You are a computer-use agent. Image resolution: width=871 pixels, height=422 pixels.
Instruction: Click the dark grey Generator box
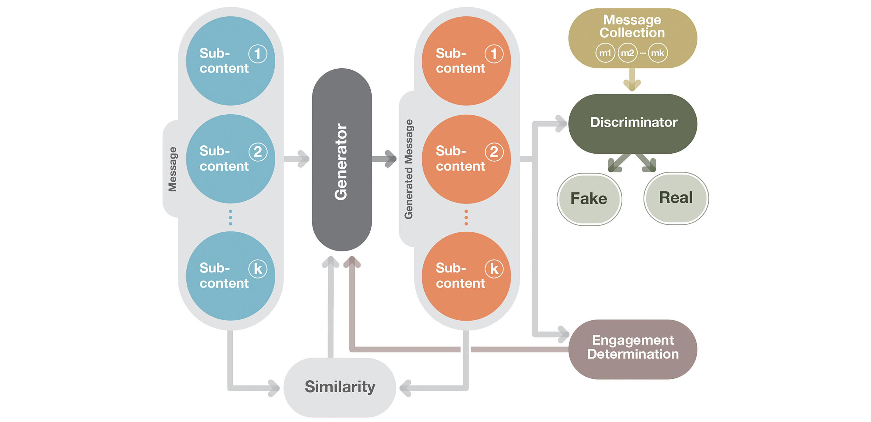tap(342, 160)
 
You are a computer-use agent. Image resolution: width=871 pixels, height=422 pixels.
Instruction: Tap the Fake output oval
tap(589, 199)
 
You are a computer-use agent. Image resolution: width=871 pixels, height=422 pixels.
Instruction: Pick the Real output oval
tap(676, 198)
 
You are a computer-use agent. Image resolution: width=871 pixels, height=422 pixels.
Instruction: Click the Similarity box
tap(340, 387)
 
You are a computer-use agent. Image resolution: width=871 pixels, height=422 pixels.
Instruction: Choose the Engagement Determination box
tap(633, 349)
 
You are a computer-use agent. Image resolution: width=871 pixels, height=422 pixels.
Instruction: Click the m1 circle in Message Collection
tap(605, 53)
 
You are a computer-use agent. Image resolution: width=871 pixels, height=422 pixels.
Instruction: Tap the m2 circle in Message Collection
tap(627, 53)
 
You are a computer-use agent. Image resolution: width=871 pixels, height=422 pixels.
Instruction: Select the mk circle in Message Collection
tap(658, 53)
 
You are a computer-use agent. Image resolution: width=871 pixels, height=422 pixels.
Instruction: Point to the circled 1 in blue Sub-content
tap(258, 54)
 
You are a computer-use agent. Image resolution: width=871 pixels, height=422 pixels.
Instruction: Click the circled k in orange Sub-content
tap(494, 269)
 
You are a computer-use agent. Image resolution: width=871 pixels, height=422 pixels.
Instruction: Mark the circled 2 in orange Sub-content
tap(494, 152)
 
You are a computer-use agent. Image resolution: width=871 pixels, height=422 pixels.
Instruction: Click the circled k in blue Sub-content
tap(258, 269)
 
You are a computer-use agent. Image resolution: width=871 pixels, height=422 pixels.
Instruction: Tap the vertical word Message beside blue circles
tap(172, 169)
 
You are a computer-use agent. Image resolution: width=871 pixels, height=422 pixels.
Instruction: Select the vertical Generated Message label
tap(408, 169)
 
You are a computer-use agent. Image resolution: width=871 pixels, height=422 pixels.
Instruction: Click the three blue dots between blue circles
tap(230, 217)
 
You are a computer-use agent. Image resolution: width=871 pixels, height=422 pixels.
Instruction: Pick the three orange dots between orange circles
tap(466, 217)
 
